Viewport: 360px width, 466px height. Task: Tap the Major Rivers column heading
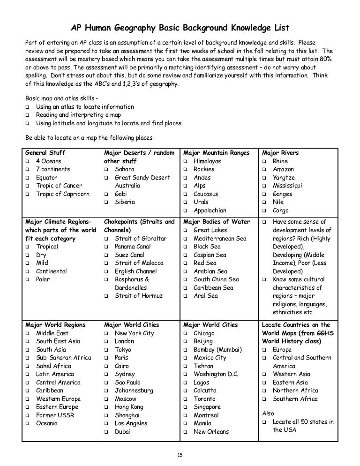[x=280, y=153]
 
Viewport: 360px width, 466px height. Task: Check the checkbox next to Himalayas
[x=186, y=161]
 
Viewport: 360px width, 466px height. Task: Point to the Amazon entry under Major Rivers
[x=283, y=169]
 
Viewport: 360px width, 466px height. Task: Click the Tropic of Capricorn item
[x=62, y=194]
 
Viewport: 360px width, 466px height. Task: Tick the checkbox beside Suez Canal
[x=107, y=255]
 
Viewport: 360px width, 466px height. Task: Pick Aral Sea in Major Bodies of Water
[x=206, y=296]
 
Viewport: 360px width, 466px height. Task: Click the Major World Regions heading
[x=55, y=324]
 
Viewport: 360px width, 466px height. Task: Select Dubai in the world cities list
[x=122, y=432]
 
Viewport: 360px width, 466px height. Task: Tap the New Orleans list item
[x=211, y=432]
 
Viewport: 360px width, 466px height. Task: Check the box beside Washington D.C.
[x=186, y=374]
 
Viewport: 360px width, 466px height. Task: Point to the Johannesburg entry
[x=134, y=391]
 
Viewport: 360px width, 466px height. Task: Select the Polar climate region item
[x=43, y=279]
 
